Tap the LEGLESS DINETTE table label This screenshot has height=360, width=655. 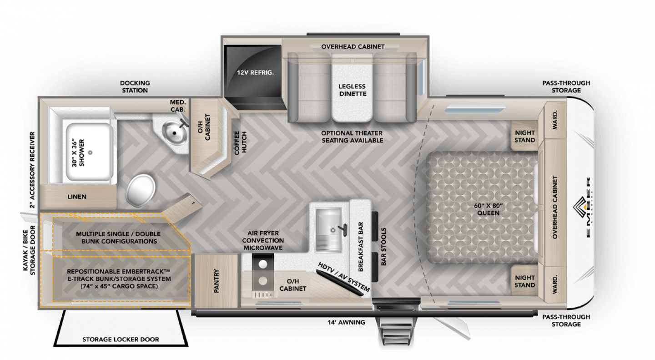pos(352,90)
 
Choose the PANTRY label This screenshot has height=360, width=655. pos(217,282)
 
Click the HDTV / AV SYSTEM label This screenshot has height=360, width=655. pos(344,277)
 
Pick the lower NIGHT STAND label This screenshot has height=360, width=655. pos(524,281)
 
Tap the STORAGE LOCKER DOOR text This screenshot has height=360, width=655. pos(121,339)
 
